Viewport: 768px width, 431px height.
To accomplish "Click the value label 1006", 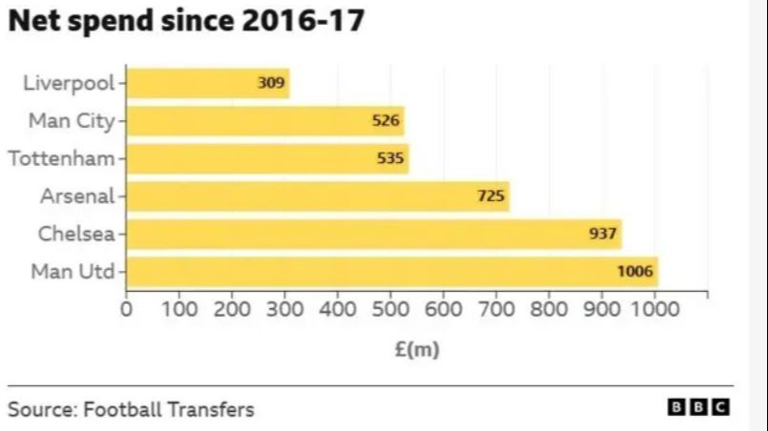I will click(635, 272).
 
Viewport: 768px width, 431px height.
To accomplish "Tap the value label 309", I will click(271, 83).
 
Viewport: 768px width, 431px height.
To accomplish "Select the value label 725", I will click(490, 196).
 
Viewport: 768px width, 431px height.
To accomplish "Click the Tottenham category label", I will click(61, 158).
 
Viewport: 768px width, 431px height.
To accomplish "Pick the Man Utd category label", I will click(73, 272).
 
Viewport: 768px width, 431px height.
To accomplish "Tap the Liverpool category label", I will click(68, 83).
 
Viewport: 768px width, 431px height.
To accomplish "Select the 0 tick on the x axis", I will click(127, 310).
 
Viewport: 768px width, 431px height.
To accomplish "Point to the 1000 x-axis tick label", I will click(654, 310).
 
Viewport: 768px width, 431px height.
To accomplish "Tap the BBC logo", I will click(698, 407).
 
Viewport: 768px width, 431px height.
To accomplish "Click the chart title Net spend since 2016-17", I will click(187, 22).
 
